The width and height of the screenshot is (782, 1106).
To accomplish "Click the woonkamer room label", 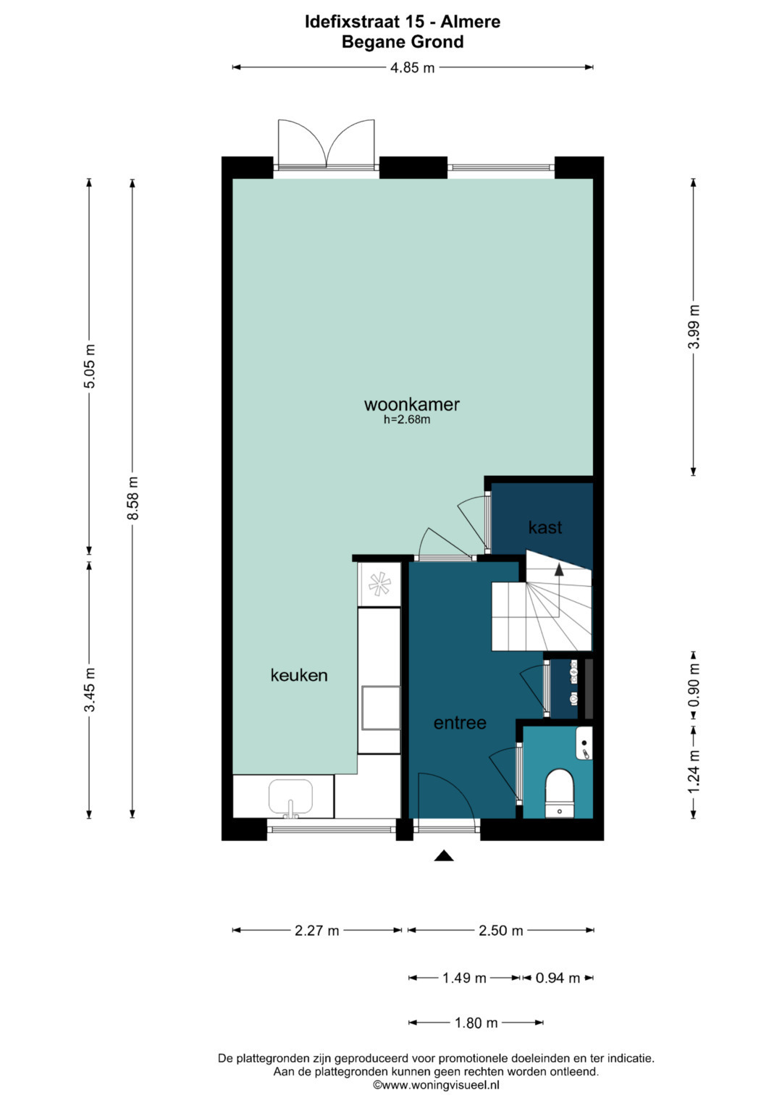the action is pyautogui.click(x=412, y=404).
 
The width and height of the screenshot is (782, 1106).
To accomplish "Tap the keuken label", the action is pyautogui.click(x=299, y=675).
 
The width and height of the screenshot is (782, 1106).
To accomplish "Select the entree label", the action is pyautogui.click(x=460, y=723).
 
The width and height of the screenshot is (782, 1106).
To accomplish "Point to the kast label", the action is pyautogui.click(x=545, y=527).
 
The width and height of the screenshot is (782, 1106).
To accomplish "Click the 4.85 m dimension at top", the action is pyautogui.click(x=412, y=67).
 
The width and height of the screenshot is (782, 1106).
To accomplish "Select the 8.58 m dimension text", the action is pyautogui.click(x=133, y=498).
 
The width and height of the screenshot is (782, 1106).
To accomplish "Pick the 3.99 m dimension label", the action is pyautogui.click(x=694, y=327).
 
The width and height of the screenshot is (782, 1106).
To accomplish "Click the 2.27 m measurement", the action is pyautogui.click(x=317, y=931).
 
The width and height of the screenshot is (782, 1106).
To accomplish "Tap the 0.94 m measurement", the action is pyautogui.click(x=558, y=978).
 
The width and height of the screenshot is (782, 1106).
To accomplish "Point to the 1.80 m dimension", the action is pyautogui.click(x=476, y=1023).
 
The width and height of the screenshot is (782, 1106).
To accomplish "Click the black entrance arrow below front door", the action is pyautogui.click(x=444, y=855).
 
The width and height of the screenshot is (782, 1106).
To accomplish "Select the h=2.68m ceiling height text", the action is pyautogui.click(x=407, y=420).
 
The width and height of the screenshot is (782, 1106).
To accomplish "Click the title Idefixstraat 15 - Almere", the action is pyautogui.click(x=403, y=22).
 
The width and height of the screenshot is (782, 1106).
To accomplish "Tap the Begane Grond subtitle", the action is pyautogui.click(x=403, y=42).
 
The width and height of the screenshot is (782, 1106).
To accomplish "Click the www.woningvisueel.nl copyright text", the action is pyautogui.click(x=436, y=1085).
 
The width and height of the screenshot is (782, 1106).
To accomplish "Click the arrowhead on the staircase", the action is pyautogui.click(x=559, y=570).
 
